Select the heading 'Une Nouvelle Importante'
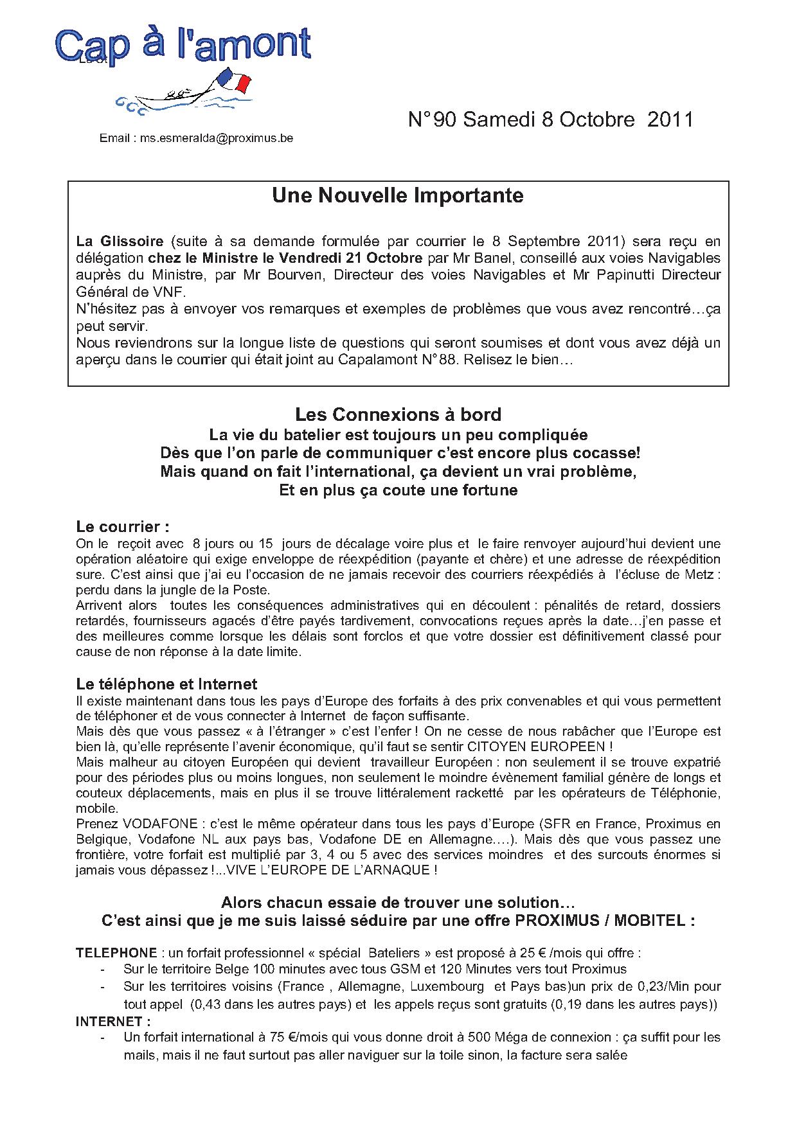pos(398,195)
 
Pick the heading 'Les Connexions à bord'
pos(398,414)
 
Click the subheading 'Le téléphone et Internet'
pos(166,684)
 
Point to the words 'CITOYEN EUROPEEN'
pos(545,747)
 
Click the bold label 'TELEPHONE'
pos(116,953)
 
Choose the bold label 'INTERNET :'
pos(113,1021)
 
